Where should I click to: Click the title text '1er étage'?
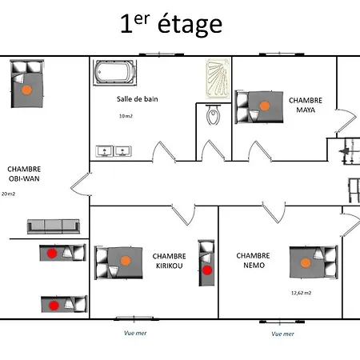pos(170,24)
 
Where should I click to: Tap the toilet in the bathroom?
pos(213,118)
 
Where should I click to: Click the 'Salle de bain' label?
pos(137,98)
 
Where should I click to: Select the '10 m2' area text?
pos(126,116)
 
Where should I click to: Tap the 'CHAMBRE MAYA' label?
pos(306,106)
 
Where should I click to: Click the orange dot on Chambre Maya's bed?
pos(264,103)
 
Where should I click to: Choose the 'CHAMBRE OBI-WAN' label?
pos(24,174)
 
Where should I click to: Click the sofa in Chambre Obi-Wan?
pos(54,226)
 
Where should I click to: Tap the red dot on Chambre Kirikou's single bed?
pos(206,270)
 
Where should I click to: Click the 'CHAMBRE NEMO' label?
pos(253,261)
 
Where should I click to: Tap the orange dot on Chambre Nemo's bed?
pos(305,262)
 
